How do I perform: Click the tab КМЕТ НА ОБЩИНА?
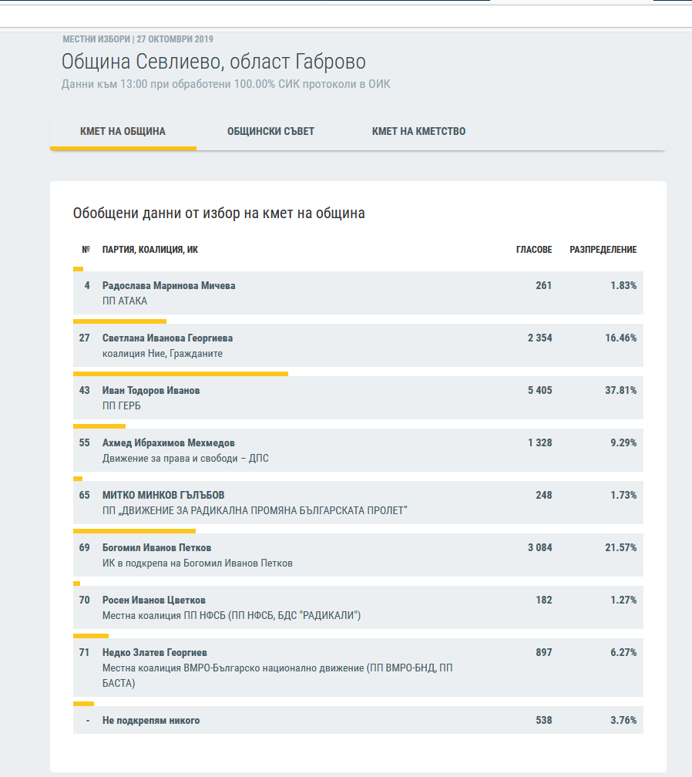pyautogui.click(x=123, y=131)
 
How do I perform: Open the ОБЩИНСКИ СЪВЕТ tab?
pyautogui.click(x=270, y=131)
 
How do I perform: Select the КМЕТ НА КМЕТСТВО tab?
pyautogui.click(x=418, y=131)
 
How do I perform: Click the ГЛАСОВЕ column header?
pyautogui.click(x=534, y=250)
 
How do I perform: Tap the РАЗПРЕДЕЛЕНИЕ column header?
pyautogui.click(x=603, y=250)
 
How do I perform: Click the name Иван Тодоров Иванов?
pyautogui.click(x=151, y=391)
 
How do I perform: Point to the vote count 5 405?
pyautogui.click(x=539, y=391)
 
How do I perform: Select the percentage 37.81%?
pyautogui.click(x=620, y=391)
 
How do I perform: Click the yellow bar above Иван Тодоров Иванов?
pyautogui.click(x=180, y=374)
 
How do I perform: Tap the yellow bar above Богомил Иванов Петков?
pyautogui.click(x=134, y=531)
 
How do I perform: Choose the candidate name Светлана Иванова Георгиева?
pyautogui.click(x=167, y=338)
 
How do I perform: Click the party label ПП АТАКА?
pyautogui.click(x=125, y=301)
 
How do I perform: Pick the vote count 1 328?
pyautogui.click(x=539, y=443)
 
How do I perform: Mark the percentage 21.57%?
pyautogui.click(x=620, y=548)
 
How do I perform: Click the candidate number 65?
pyautogui.click(x=85, y=496)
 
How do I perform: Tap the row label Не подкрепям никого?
pyautogui.click(x=151, y=721)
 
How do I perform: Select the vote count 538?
pyautogui.click(x=543, y=721)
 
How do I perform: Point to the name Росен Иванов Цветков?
pyautogui.click(x=154, y=600)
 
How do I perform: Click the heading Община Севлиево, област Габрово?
pyautogui.click(x=213, y=62)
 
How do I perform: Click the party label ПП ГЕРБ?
pyautogui.click(x=122, y=406)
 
